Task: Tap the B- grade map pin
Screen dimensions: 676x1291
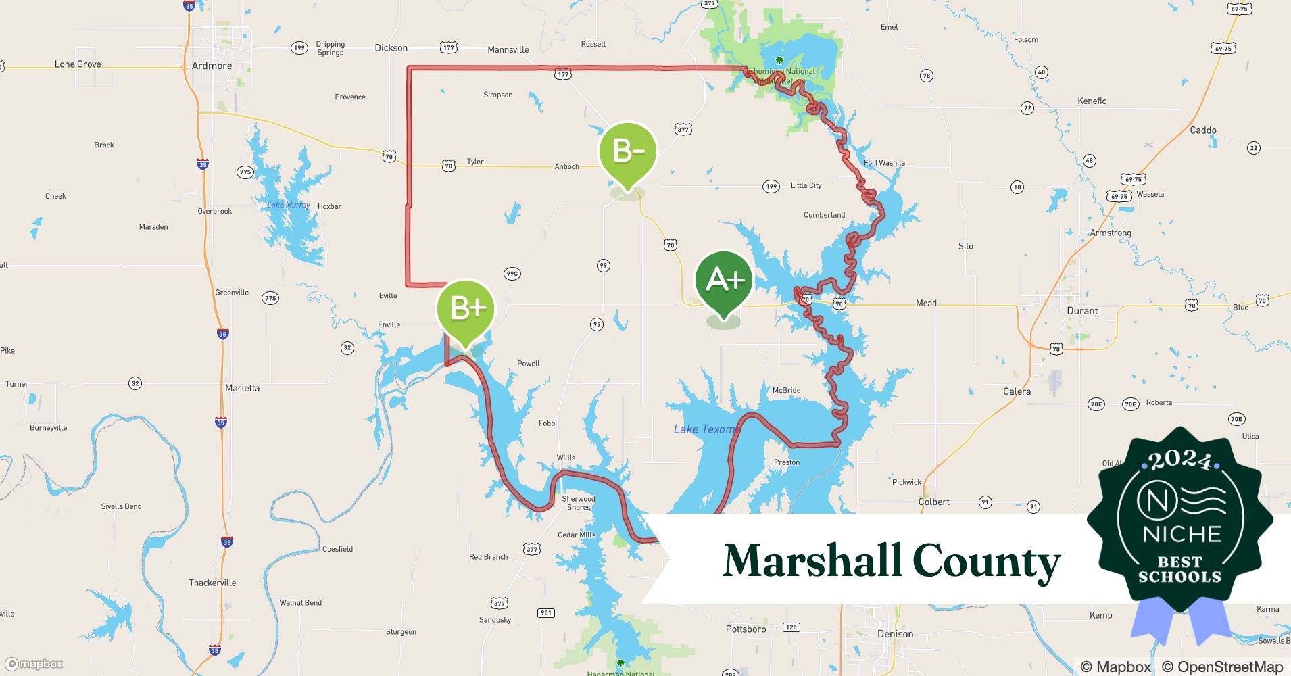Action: pos(627,152)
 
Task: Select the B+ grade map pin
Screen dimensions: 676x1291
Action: pos(466,310)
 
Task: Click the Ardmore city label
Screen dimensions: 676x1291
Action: pos(212,66)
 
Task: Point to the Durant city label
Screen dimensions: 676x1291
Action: pos(1082,311)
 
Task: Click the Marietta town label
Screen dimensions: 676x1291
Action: pos(242,388)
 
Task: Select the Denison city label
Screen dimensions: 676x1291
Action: pos(895,634)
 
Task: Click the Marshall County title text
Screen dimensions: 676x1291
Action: pos(892,561)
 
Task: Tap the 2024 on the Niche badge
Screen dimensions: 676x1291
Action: pos(1179,460)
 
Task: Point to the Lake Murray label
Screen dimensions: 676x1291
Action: pos(289,205)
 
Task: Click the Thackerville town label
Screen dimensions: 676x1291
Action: pos(212,583)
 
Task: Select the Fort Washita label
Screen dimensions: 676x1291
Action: pos(884,163)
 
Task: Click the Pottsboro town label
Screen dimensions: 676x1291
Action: pos(746,629)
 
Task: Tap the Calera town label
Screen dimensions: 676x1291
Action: pos(1017,391)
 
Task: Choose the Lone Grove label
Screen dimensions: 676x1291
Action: pos(78,64)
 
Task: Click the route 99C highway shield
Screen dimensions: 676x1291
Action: pos(512,274)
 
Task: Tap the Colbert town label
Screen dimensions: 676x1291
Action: pos(933,502)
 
